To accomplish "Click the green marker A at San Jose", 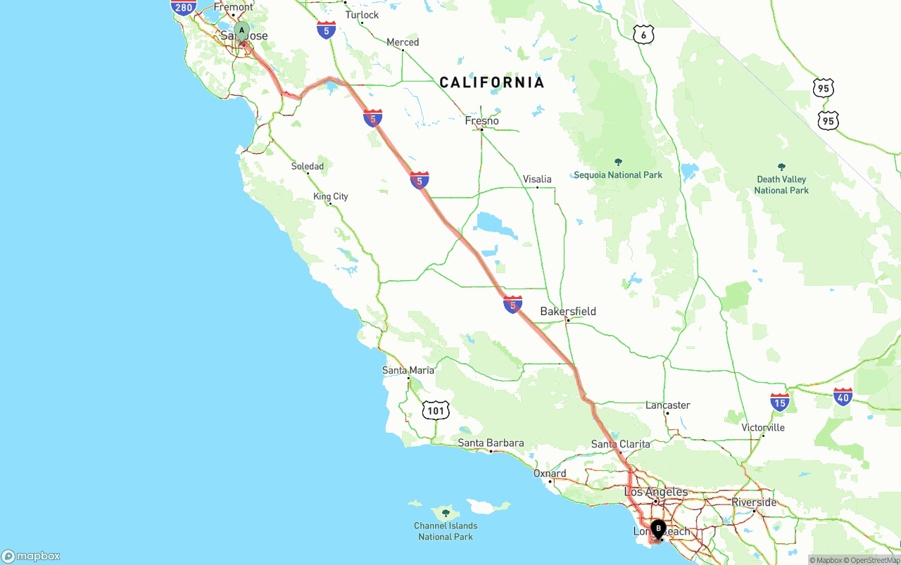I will (x=241, y=31).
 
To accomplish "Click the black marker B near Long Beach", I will (x=658, y=528).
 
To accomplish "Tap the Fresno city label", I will (x=481, y=121).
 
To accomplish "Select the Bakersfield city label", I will (x=568, y=311).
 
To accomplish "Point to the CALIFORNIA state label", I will (x=492, y=82).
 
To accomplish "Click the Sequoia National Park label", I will (x=618, y=174).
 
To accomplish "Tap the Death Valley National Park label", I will (x=781, y=185).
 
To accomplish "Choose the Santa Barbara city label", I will (x=491, y=443).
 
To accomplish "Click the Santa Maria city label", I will (x=408, y=370).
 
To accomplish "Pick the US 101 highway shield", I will (x=436, y=410).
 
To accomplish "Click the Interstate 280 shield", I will (x=183, y=8).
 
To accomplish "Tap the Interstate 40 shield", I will (x=843, y=397).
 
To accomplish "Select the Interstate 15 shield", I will (x=779, y=402).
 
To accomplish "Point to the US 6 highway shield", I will (x=643, y=34).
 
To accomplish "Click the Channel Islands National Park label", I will (x=446, y=531).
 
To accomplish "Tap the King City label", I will (x=331, y=196).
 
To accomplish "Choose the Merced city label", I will (x=403, y=42).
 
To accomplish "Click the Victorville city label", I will (x=763, y=428).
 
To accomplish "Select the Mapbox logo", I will (x=31, y=557).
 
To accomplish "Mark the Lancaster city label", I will (x=668, y=405).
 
